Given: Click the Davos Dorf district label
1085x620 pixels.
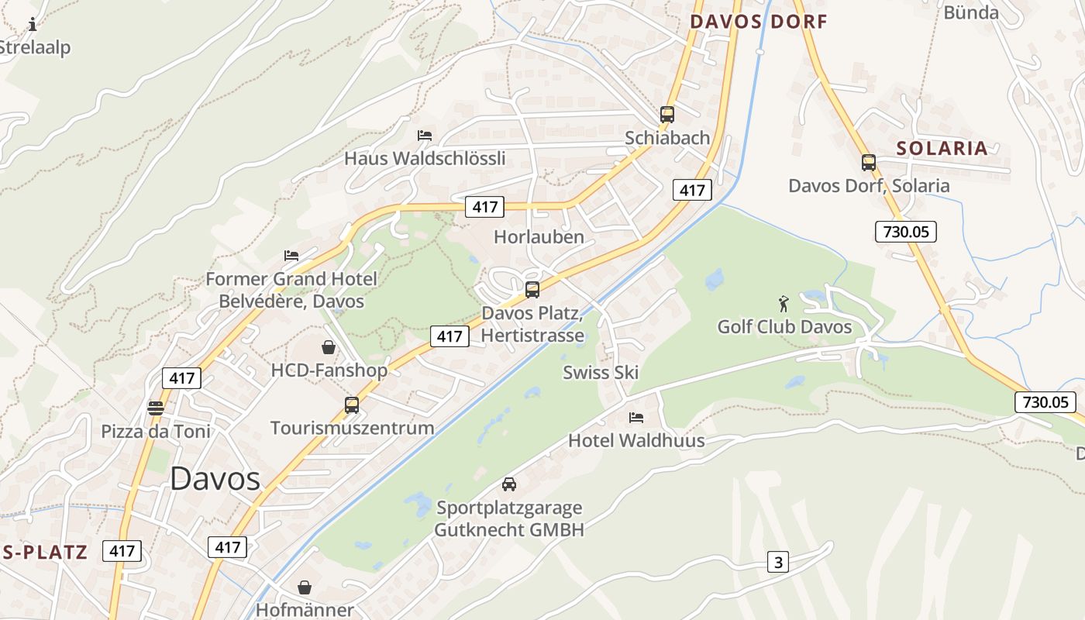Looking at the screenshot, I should pos(759,22).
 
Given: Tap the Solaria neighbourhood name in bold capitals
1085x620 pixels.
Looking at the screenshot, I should pos(942,148).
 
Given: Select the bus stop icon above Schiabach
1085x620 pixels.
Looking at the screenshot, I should pos(667,115).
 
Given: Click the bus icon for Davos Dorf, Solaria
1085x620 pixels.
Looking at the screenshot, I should pos(869,163).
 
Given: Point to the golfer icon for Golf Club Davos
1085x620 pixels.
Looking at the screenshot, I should pos(784,303).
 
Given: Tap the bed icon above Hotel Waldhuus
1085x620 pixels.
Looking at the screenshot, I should pos(636,418).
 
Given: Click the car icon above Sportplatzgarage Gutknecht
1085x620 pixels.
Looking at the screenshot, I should pos(509,484).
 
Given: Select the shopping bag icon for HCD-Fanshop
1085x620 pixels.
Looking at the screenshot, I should pos(329,347).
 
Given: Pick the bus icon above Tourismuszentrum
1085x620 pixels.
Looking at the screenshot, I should pos(352,405).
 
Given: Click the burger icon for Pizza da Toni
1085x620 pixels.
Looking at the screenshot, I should pos(156,408).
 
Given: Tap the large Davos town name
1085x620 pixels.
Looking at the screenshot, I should pos(215,478).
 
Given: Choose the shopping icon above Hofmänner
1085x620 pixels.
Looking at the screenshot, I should pos(305,587).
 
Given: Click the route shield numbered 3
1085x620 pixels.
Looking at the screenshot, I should pos(778,562).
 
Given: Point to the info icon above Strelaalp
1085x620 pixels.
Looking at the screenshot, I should pos(33,25).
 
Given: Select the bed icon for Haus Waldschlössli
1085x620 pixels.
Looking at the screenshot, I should pos(425,135).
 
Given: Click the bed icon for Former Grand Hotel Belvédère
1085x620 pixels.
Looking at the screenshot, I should pos(291,255).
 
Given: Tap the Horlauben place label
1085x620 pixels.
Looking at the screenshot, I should pos(539,237).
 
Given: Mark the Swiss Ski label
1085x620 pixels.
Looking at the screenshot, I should pos(601,372).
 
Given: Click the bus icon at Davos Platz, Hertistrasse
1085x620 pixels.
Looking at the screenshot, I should pos(532,290).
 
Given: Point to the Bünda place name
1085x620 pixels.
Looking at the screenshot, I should pos(970,12).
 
